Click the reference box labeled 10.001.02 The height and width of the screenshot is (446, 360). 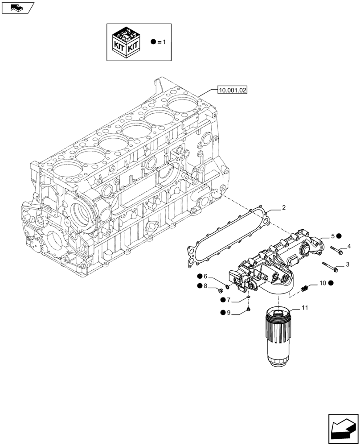233,91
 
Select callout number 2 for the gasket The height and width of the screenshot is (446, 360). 283,208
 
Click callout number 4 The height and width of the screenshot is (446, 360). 349,246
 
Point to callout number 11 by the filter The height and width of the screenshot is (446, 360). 305,307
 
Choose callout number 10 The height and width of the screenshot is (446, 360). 323,283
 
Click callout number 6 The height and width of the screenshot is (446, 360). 205,277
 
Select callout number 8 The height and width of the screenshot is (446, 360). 205,286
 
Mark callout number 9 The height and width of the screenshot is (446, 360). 228,313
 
